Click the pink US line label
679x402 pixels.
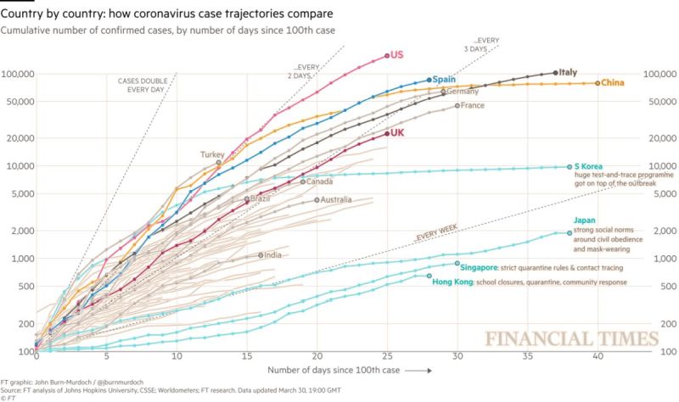(x=396, y=55)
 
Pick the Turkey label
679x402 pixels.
(x=212, y=154)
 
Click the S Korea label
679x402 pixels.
(x=591, y=166)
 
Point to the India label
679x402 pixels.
(x=273, y=254)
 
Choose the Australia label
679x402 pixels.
(x=334, y=200)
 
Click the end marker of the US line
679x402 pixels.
(x=387, y=56)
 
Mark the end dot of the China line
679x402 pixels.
(x=598, y=83)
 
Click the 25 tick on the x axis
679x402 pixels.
(x=387, y=360)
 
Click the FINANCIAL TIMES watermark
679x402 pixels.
(x=571, y=339)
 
